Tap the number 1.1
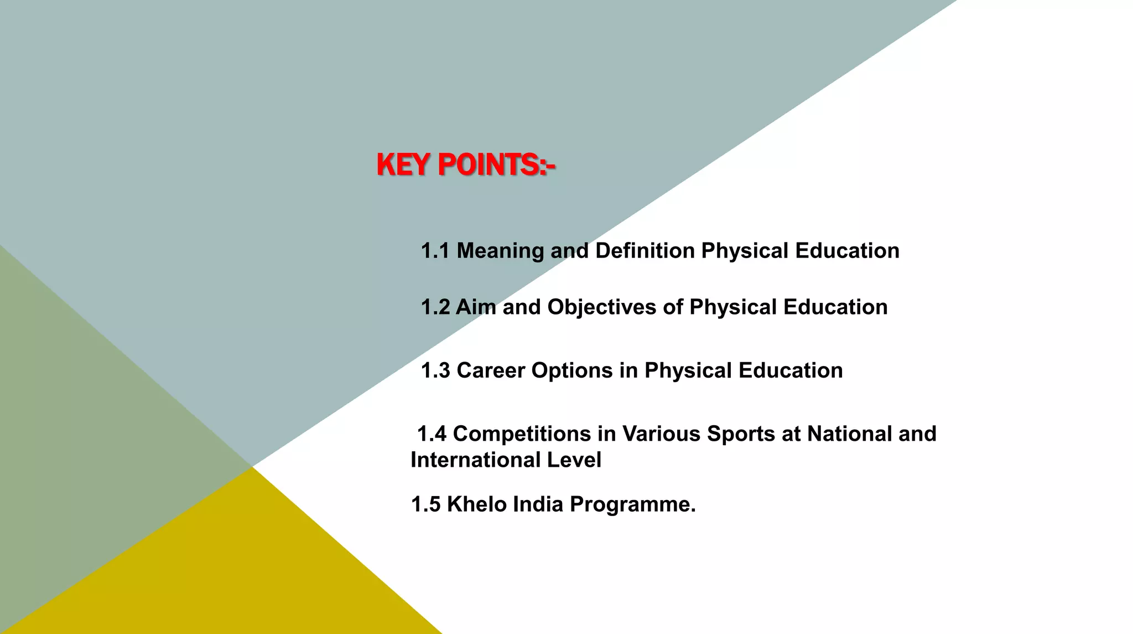point(435,251)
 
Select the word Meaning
point(500,251)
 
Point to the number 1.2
point(435,307)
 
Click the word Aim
point(476,307)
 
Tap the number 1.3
point(435,370)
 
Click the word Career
point(491,370)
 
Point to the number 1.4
point(432,434)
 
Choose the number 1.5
point(425,504)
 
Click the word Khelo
point(476,504)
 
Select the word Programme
point(632,504)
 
